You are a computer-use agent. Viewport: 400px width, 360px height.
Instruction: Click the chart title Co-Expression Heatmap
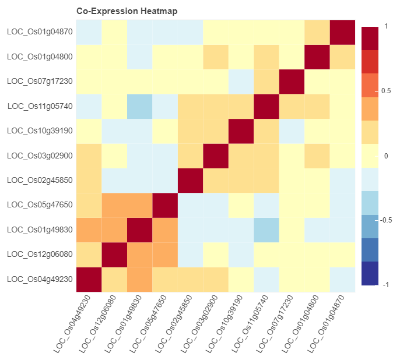coord(127,11)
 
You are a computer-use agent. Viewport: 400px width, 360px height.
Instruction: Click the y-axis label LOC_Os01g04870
coord(40,31)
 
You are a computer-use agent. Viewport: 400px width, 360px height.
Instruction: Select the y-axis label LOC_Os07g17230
coord(40,81)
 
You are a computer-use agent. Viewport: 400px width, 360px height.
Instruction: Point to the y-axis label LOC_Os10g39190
coord(40,130)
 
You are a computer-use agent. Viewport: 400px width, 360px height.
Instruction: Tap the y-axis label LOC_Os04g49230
coord(40,279)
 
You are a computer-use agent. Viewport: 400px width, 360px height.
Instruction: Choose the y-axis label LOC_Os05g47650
coord(40,205)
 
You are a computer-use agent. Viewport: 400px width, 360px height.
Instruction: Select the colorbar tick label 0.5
coord(385,91)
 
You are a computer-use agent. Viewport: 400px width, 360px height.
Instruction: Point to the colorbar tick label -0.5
coord(386,220)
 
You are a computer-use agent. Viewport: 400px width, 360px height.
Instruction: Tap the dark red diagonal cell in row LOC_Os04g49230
coord(89,279)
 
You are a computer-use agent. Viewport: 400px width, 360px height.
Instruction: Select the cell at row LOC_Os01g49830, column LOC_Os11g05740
coord(266,230)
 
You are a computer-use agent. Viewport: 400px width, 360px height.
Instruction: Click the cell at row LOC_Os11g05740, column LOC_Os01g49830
coord(139,106)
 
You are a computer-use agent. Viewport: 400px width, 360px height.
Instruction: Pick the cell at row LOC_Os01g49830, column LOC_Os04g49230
coord(89,230)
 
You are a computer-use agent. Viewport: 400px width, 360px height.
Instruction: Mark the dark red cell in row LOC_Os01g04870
coord(343,31)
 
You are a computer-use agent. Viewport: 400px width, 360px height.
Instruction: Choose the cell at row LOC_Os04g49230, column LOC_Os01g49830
coord(139,279)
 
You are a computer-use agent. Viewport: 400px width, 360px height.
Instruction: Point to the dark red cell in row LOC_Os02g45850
coord(190,180)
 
